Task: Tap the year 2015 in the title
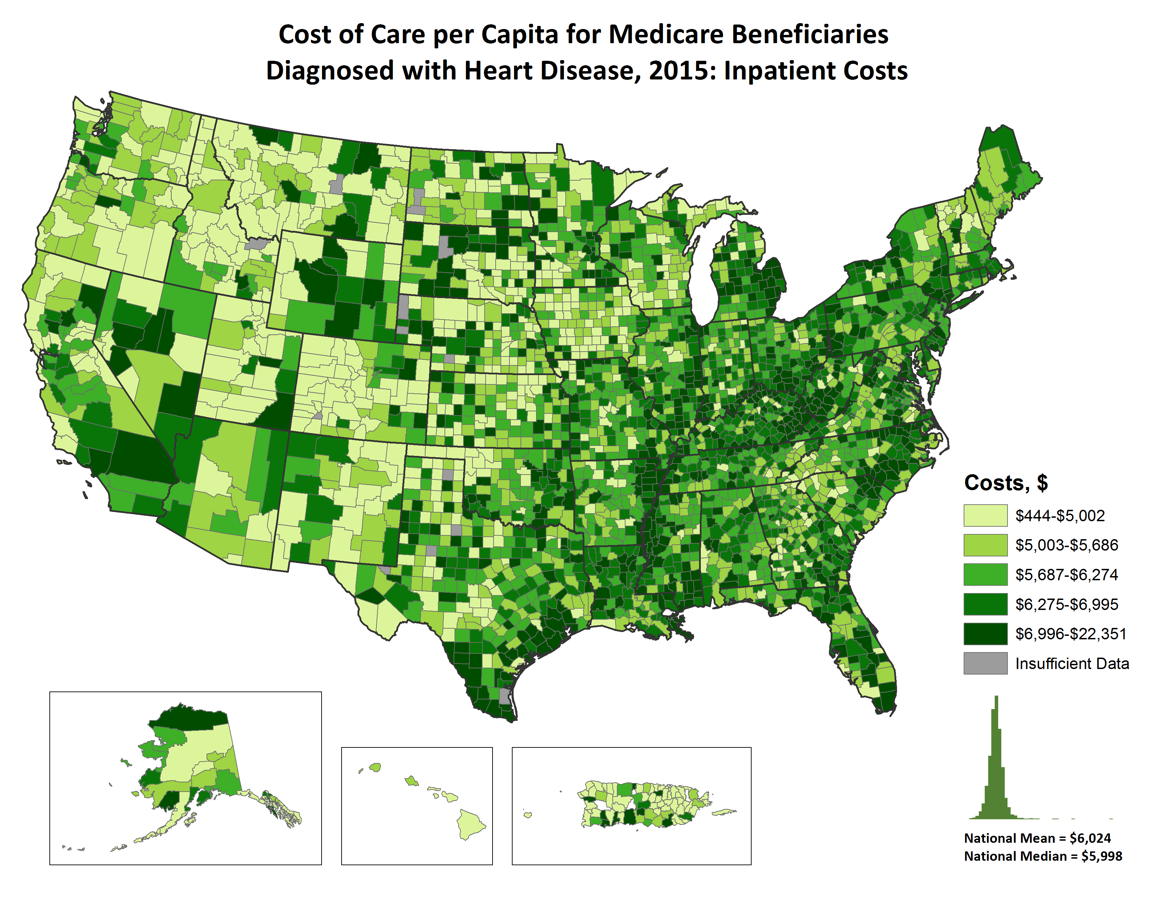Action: tap(679, 71)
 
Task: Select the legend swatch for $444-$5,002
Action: tap(985, 515)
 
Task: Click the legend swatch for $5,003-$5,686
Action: tap(985, 545)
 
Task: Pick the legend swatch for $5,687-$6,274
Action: tap(985, 574)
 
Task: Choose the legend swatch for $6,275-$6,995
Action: tap(985, 604)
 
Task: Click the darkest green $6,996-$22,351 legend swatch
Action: tap(985, 633)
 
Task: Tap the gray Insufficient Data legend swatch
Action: tap(985, 663)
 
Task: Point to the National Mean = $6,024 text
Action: tap(1037, 838)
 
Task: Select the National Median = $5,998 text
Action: tap(1042, 856)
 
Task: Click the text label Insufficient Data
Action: tap(1071, 663)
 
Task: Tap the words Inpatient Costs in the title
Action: tap(815, 71)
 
